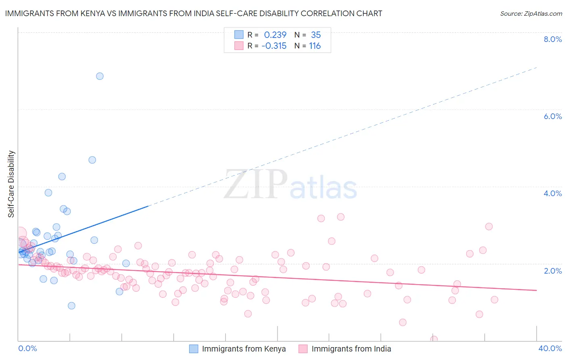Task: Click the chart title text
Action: click(x=194, y=13)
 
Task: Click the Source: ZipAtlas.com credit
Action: click(x=531, y=13)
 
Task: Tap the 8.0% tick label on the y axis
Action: click(x=552, y=39)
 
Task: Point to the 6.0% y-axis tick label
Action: click(x=552, y=116)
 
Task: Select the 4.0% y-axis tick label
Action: click(x=552, y=193)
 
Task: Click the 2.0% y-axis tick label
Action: click(x=552, y=271)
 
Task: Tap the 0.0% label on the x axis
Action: click(x=27, y=348)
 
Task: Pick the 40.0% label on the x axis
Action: click(x=550, y=348)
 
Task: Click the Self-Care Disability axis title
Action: click(x=11, y=184)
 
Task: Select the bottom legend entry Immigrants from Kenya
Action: click(x=244, y=349)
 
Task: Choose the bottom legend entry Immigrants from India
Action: click(x=351, y=349)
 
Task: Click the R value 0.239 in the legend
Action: click(x=275, y=35)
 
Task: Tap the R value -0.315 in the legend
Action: click(x=274, y=46)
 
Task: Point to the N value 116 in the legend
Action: click(x=315, y=46)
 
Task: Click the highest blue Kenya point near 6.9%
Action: click(x=100, y=76)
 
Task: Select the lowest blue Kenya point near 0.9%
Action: click(x=71, y=306)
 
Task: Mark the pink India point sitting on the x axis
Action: click(x=434, y=339)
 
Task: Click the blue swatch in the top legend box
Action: click(x=239, y=35)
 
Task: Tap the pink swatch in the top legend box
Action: click(x=239, y=46)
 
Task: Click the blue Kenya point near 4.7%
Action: click(x=92, y=160)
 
